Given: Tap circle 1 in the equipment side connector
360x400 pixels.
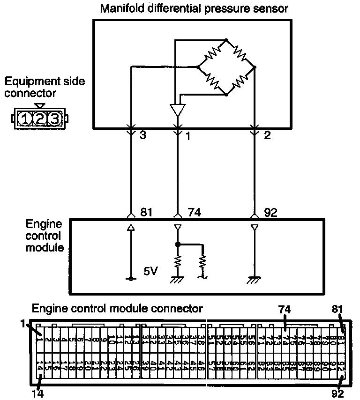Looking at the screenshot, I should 24,119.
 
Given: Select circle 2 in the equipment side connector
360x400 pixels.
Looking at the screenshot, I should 40,119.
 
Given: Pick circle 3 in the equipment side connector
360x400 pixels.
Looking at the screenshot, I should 55,119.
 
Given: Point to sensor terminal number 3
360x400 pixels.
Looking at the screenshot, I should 143,136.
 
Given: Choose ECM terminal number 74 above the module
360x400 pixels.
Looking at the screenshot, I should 194,213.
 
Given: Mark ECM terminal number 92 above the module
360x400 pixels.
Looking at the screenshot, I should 270,213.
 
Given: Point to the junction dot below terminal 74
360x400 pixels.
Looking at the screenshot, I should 178,244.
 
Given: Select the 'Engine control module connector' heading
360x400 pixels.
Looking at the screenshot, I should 117,309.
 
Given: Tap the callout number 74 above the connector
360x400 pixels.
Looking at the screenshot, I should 284,309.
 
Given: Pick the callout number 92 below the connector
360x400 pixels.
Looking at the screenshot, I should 337,393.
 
